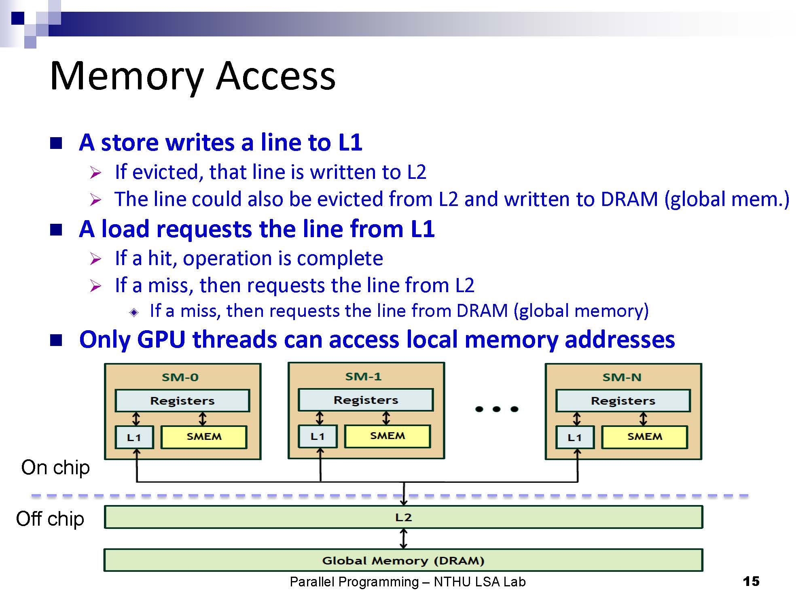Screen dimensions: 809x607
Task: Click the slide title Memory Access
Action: (193, 76)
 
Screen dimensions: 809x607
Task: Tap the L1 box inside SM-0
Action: (134, 437)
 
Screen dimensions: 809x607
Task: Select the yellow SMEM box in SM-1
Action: (387, 436)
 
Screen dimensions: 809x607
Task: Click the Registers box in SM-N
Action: (623, 401)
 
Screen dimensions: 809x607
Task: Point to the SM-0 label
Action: (180, 377)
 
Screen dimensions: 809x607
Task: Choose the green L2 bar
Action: (403, 517)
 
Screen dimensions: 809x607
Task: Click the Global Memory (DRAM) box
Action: (403, 560)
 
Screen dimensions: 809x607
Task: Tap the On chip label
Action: (55, 468)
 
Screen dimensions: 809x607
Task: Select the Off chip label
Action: (50, 519)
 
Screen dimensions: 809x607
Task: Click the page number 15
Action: (751, 582)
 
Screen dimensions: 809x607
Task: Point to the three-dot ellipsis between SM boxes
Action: (497, 409)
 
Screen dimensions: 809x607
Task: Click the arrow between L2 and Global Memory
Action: (403, 539)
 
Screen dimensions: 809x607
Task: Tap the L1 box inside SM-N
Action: (575, 437)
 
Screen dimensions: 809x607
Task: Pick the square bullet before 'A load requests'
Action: (56, 230)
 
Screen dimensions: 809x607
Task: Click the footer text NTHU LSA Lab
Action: (480, 582)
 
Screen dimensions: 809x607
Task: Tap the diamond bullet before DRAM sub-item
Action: (134, 312)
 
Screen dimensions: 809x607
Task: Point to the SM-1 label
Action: (363, 376)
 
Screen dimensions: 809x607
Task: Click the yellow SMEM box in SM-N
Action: (644, 437)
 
